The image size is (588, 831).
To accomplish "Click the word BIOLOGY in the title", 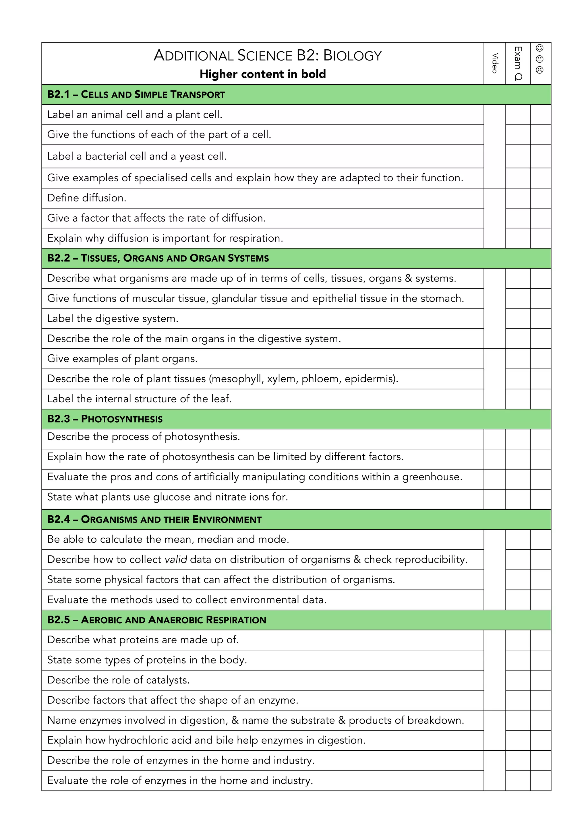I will click(x=352, y=56).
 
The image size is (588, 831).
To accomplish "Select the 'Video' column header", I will click(x=495, y=63).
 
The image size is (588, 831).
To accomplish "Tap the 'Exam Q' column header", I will click(x=518, y=63).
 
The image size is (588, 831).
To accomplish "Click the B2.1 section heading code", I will click(x=58, y=94).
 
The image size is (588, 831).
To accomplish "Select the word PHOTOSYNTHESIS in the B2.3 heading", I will click(x=122, y=419).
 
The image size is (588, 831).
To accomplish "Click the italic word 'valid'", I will click(x=176, y=560).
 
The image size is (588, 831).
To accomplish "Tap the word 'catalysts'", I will click(x=167, y=680).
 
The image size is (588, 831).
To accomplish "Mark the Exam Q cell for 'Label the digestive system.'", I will click(x=518, y=319).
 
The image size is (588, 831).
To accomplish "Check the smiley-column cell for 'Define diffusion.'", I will click(x=541, y=198).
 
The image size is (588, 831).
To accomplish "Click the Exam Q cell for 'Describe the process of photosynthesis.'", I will click(x=518, y=439).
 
